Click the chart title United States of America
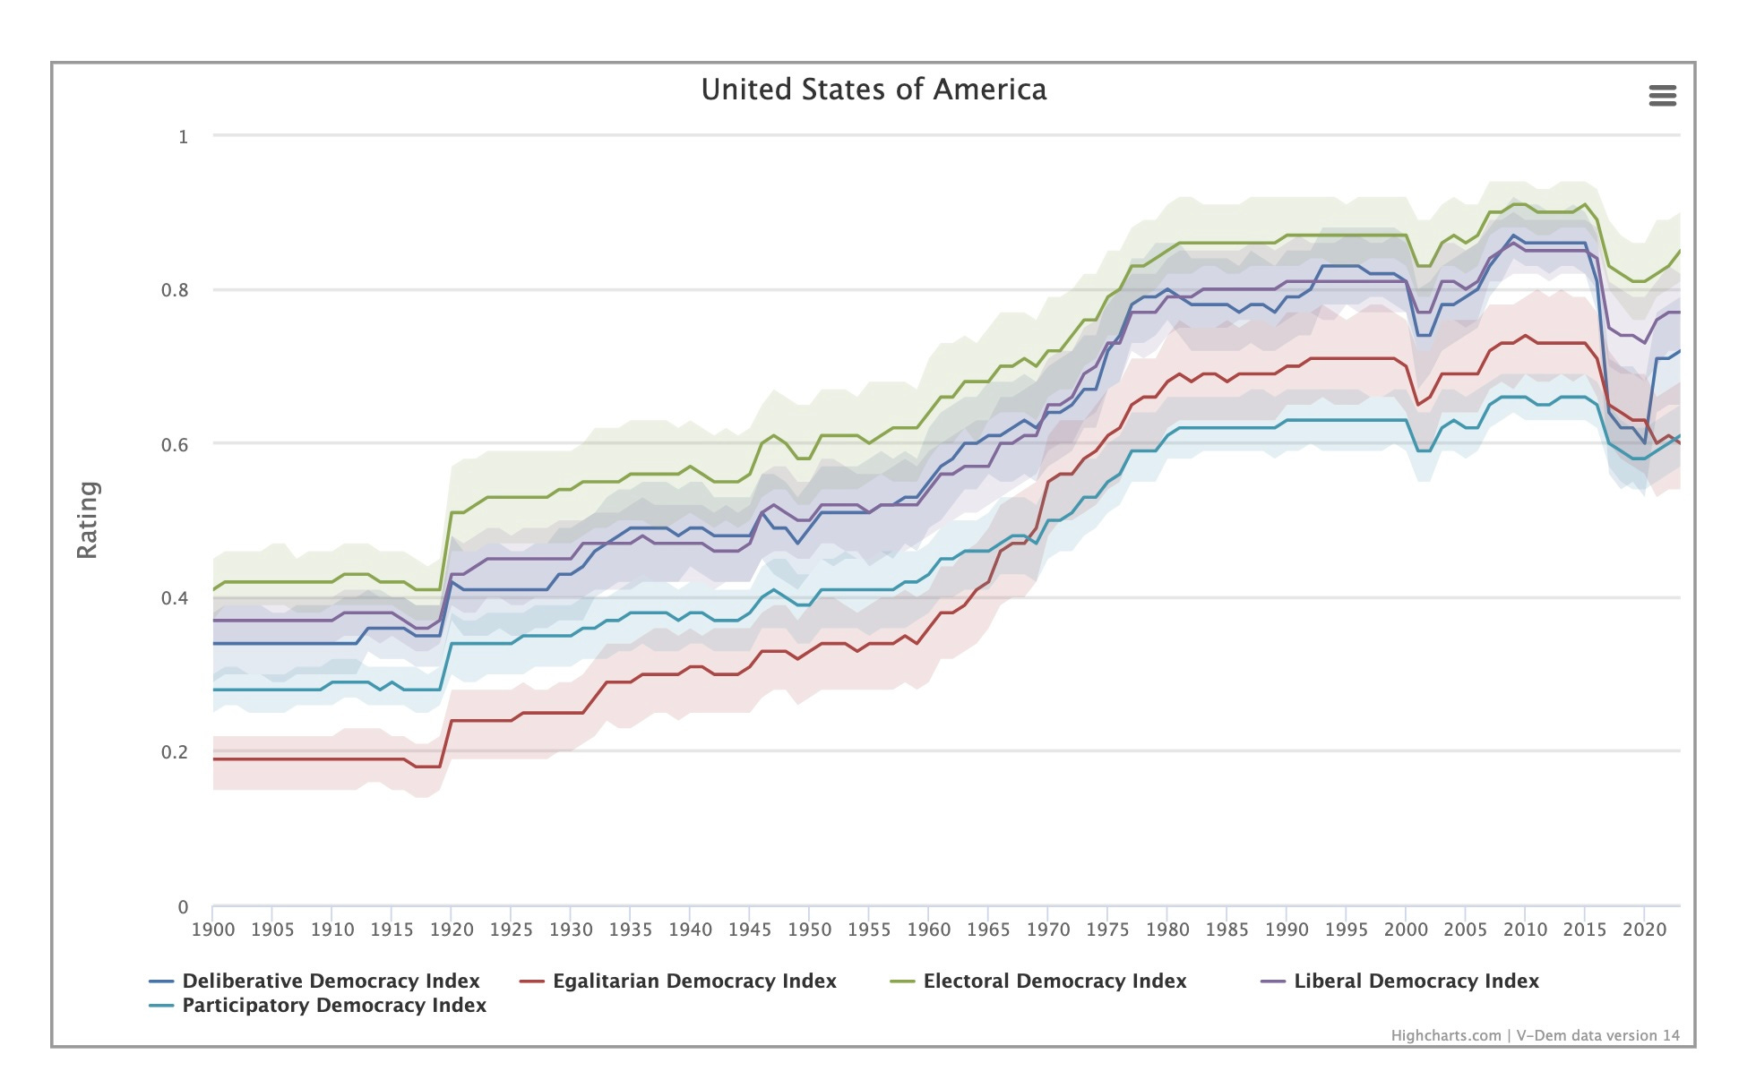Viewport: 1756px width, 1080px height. tap(874, 90)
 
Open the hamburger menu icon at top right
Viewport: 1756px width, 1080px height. tap(1662, 96)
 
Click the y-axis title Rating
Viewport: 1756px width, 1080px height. tap(88, 519)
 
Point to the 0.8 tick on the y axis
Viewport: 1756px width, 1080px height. tap(175, 290)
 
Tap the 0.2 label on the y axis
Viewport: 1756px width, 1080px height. tap(175, 752)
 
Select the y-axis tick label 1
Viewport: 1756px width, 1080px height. tap(183, 137)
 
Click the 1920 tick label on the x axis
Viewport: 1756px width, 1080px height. tap(452, 930)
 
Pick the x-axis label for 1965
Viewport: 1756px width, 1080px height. tap(988, 930)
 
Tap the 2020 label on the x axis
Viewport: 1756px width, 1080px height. tap(1644, 930)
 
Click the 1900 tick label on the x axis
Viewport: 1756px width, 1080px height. tap(213, 930)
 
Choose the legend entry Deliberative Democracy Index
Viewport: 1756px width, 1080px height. tap(331, 981)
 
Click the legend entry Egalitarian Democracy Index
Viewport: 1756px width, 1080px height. tap(694, 981)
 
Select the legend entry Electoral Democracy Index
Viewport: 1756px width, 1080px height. tap(1054, 981)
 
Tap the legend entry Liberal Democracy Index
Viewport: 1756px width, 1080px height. tap(1416, 981)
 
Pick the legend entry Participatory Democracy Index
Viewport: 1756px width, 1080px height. tap(334, 1006)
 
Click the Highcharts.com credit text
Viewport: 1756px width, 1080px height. tap(1445, 1036)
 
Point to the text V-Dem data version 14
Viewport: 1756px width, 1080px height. tap(1597, 1036)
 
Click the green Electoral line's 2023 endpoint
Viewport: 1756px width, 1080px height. tap(1679, 251)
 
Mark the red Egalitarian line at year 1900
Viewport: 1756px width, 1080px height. tap(214, 759)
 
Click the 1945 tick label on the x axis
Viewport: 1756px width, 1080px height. tap(750, 930)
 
